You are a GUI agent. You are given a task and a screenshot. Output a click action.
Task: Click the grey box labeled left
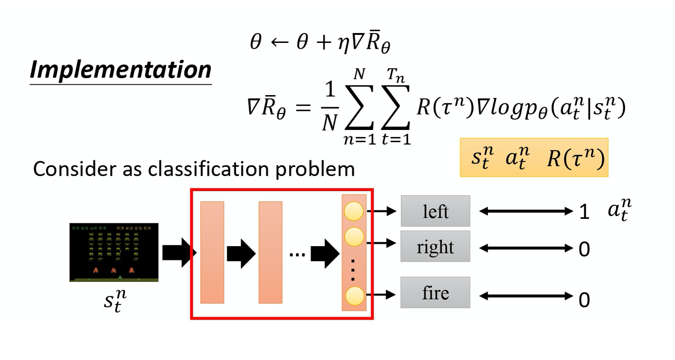point(435,211)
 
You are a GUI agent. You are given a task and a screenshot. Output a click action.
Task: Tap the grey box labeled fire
point(435,293)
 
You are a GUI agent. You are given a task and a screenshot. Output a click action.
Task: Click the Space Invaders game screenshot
point(114,252)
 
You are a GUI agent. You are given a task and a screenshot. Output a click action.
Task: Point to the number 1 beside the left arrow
point(583,213)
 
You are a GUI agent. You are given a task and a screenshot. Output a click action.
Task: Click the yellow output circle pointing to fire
point(354,295)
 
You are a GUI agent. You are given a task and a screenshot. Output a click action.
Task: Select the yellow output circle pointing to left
point(354,211)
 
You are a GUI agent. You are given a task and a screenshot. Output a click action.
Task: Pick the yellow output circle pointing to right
point(354,236)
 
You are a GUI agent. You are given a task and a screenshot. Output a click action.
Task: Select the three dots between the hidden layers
point(296,255)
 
